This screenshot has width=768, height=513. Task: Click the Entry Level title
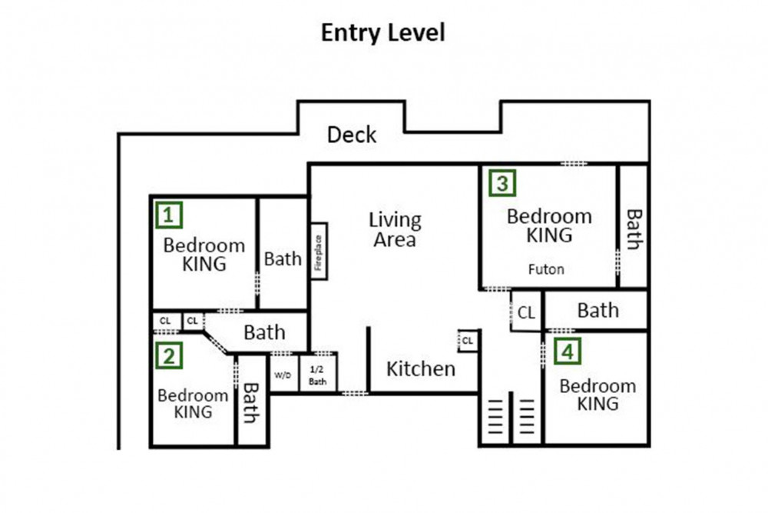(383, 33)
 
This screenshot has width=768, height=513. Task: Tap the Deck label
(352, 135)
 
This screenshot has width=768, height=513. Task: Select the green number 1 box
(169, 215)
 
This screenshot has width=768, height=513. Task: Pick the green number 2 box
(169, 355)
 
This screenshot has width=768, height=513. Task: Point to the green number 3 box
(502, 182)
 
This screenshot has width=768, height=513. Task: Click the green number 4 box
(568, 351)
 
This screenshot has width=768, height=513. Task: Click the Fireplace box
(319, 251)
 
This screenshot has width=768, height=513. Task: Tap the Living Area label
(395, 229)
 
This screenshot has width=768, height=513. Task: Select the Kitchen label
(421, 369)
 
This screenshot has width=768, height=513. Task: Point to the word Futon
(546, 269)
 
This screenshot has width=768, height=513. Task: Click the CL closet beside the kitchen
(468, 341)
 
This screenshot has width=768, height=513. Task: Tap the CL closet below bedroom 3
(526, 312)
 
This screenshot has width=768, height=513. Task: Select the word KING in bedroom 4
(598, 404)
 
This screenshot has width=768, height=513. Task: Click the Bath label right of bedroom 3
(634, 229)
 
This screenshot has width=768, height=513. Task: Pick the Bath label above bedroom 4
(598, 310)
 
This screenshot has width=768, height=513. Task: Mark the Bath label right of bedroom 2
(251, 403)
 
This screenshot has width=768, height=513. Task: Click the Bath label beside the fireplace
(283, 258)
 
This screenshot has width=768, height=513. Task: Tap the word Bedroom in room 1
(204, 245)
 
